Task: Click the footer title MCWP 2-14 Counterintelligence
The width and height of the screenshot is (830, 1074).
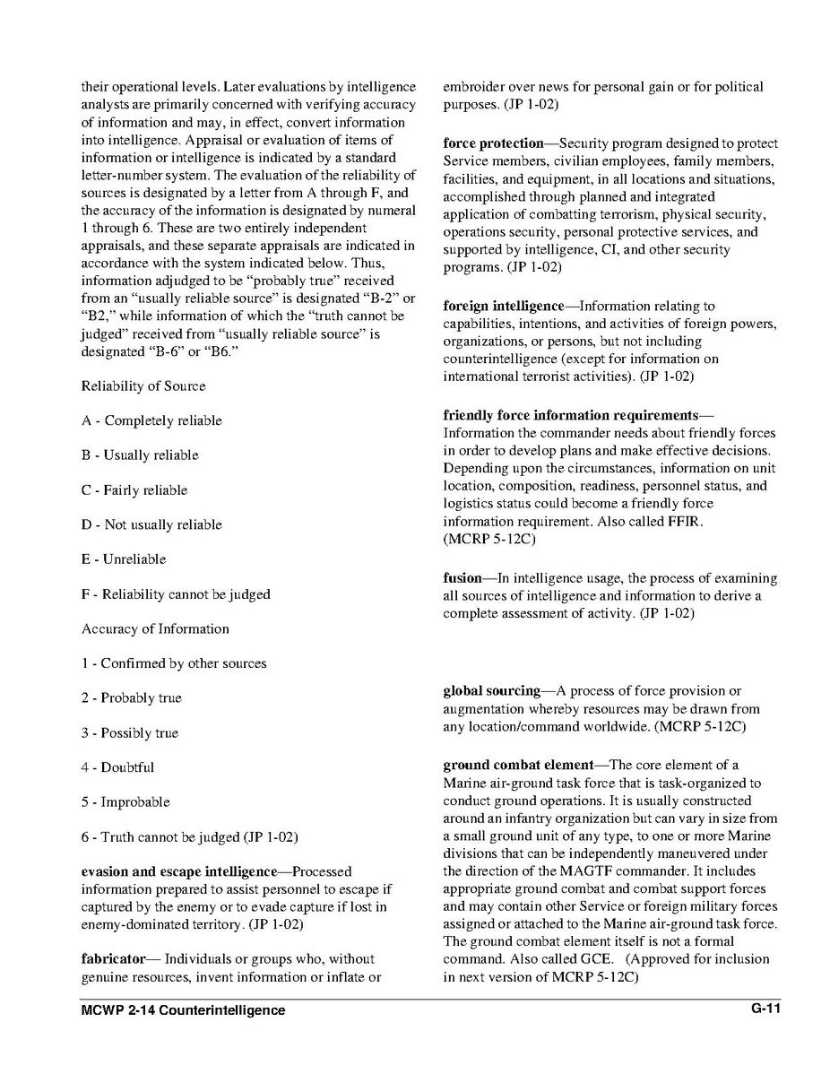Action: (183, 1010)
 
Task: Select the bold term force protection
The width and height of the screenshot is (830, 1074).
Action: (494, 143)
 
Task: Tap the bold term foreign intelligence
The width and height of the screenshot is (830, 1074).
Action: (504, 307)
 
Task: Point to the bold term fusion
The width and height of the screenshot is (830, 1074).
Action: (463, 578)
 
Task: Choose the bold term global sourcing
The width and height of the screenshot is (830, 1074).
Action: (491, 691)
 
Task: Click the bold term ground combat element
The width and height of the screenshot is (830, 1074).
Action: (518, 766)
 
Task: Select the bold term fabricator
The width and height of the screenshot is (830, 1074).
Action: (114, 959)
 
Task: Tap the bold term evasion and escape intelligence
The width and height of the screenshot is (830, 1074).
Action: (179, 871)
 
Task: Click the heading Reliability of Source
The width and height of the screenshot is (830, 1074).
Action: (143, 386)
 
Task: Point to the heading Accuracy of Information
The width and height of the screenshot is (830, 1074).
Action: (155, 629)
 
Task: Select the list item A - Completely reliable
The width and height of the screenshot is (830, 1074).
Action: (151, 420)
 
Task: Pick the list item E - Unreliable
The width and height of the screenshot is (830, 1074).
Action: (124, 559)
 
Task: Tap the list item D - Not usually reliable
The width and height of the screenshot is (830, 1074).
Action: (151, 524)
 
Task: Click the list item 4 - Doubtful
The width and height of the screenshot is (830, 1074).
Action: (117, 767)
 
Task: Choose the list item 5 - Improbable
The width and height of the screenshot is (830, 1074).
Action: (125, 802)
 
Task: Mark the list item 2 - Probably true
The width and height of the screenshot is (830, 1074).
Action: (131, 698)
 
